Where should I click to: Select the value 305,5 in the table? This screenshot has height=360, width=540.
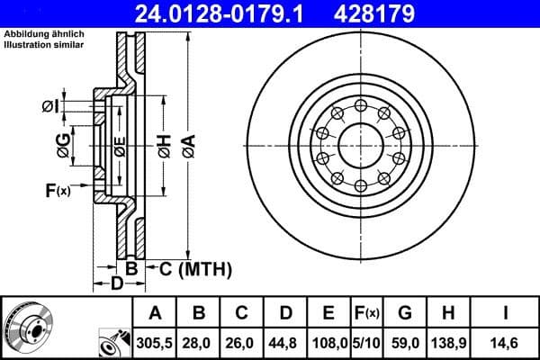pyautogui.click(x=155, y=343)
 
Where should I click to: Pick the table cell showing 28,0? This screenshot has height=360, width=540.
pyautogui.click(x=199, y=343)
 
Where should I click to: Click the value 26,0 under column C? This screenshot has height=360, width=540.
pyautogui.click(x=242, y=343)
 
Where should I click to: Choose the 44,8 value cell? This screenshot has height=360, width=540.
pyautogui.click(x=286, y=343)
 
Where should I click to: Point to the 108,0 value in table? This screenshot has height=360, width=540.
pyautogui.click(x=329, y=343)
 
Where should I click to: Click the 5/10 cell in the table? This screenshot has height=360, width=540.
pyautogui.click(x=365, y=343)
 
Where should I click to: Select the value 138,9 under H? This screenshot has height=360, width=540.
pyautogui.click(x=446, y=343)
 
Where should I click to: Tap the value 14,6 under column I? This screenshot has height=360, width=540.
pyautogui.click(x=505, y=343)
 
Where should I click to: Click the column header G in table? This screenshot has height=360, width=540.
pyautogui.click(x=404, y=314)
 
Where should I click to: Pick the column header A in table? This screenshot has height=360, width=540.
pyautogui.click(x=155, y=314)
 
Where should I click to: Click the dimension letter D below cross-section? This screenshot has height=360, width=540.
pyautogui.click(x=115, y=285)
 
